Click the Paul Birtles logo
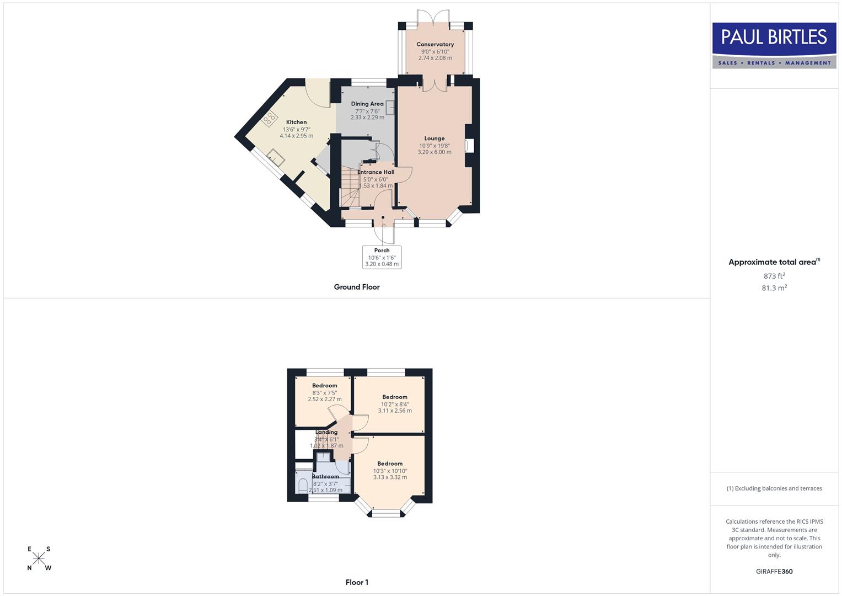pos(774,45)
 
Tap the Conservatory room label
pos(435,44)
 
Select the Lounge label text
pos(435,139)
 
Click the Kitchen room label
pos(296,122)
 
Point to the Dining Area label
pos(367,104)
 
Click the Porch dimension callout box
pos(382,257)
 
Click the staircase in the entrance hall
pos(348,186)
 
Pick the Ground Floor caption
pos(357,287)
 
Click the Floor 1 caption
pos(357,582)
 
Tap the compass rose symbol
pos(39,558)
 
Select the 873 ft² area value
pos(774,276)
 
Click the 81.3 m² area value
pos(774,288)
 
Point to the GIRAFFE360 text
pos(774,571)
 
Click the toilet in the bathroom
pos(302,486)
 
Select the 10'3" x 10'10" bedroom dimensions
pos(390,471)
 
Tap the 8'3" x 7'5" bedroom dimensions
pos(324,393)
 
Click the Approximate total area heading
pos(774,262)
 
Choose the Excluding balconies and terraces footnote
pos(774,488)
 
